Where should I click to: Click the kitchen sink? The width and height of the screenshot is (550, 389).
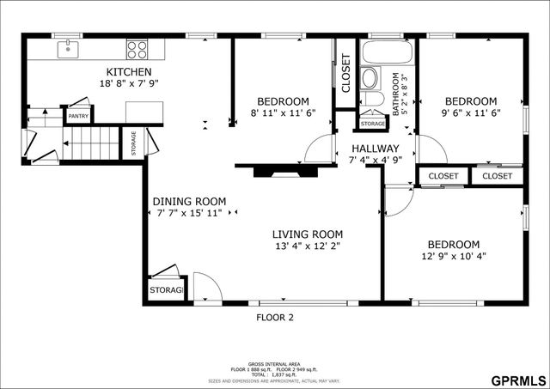coord(69,49)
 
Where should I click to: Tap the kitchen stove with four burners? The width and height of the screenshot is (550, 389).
coord(137,49)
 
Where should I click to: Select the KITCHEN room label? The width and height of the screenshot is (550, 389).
coord(129,72)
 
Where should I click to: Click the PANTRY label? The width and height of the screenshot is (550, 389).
coord(78,116)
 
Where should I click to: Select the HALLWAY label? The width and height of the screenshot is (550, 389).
coord(374,148)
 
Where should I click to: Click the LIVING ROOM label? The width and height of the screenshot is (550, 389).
coord(307,234)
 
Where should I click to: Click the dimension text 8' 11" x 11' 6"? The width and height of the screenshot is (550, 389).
coord(283,112)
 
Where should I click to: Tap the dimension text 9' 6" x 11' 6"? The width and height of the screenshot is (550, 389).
coord(470,112)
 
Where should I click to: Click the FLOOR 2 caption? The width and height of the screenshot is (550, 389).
coord(275,317)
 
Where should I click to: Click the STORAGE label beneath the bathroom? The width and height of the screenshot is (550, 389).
coord(372,124)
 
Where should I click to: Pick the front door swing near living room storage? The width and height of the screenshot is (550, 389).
coord(205,288)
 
